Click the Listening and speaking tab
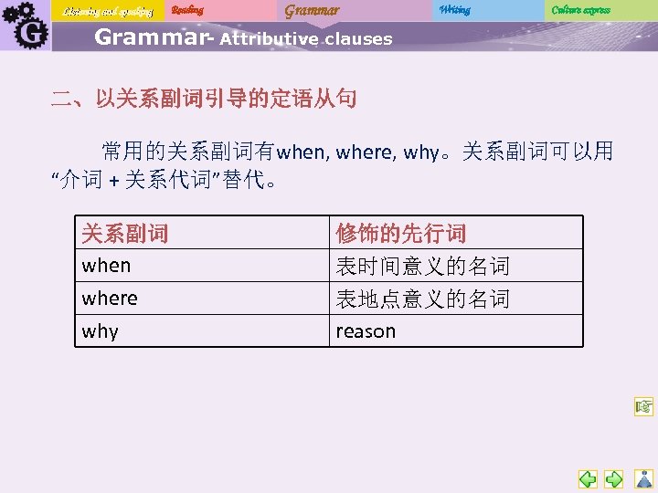tap(108, 11)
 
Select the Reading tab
tap(187, 10)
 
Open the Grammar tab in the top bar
tap(311, 10)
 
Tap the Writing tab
tap(454, 10)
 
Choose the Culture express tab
tap(580, 10)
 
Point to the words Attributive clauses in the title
tap(306, 39)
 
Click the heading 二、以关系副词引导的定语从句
tap(203, 98)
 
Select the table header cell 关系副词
tap(124, 234)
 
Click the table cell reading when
tap(106, 266)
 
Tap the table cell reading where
tap(110, 299)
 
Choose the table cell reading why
tap(100, 331)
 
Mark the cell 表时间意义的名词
tap(422, 267)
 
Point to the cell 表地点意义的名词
tap(422, 299)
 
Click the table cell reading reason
tap(366, 331)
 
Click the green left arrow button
tap(588, 479)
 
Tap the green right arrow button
tap(615, 479)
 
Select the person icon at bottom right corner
tap(643, 479)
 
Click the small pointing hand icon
tap(643, 407)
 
